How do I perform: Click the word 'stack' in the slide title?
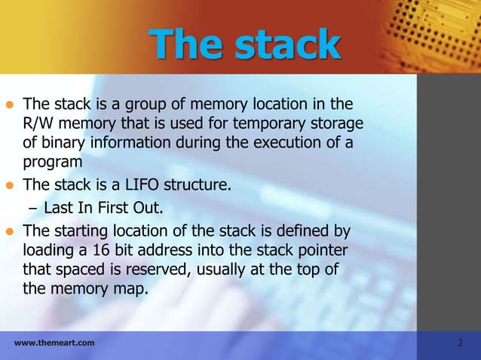click(287, 44)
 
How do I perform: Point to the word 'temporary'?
click(271, 123)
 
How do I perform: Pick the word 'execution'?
click(283, 142)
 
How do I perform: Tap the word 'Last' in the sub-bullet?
click(58, 207)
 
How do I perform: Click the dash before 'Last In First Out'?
click(33, 207)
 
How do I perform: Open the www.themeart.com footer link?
click(54, 343)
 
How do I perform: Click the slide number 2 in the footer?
click(461, 343)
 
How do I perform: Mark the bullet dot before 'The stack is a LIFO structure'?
click(10, 182)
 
